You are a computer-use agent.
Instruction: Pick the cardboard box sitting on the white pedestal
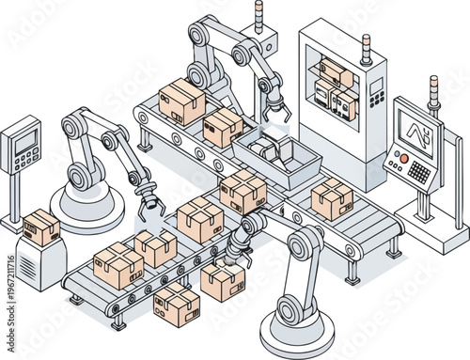41,226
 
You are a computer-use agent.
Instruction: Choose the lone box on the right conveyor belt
332,198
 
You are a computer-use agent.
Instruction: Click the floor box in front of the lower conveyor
177,304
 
